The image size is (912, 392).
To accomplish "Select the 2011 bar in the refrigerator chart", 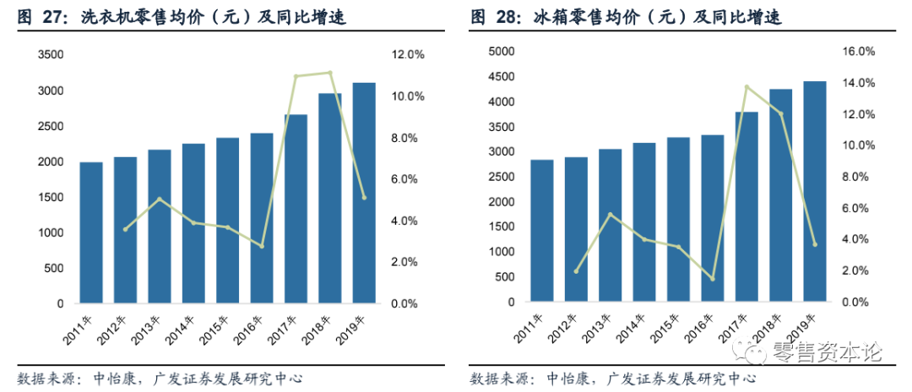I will click(x=543, y=230).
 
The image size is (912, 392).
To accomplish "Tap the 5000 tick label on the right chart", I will click(x=502, y=52).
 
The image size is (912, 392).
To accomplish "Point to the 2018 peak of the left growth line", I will click(x=329, y=73).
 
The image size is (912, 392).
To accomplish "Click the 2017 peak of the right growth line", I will click(x=746, y=86).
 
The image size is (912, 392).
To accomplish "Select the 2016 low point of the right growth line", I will click(x=713, y=279).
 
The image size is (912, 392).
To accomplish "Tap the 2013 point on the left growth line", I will click(x=160, y=199).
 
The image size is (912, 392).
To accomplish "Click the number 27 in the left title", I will click(x=52, y=17).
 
